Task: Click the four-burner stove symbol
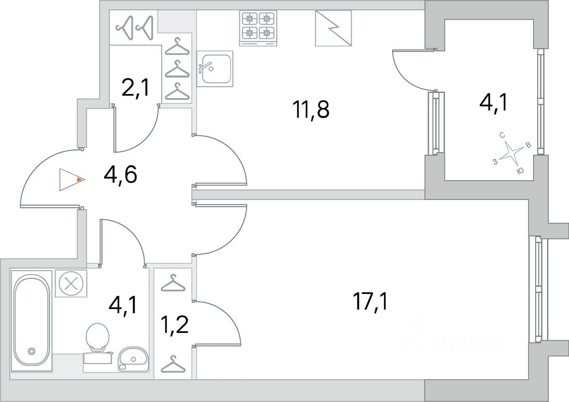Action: click(258, 28)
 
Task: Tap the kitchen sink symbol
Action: click(214, 69)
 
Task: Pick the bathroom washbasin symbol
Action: click(133, 359)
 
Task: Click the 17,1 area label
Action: click(370, 302)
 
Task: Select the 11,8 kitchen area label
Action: click(312, 110)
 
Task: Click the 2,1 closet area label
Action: click(135, 88)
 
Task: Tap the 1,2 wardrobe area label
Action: click(175, 325)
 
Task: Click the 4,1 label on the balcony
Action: click(493, 103)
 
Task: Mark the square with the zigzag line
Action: click(333, 28)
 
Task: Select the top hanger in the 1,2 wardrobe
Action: click(173, 283)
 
